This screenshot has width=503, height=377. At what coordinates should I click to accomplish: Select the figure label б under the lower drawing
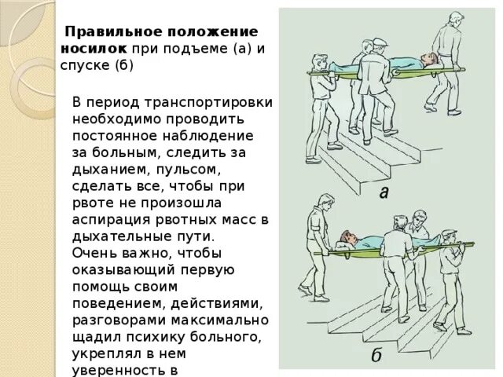tap(377, 355)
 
